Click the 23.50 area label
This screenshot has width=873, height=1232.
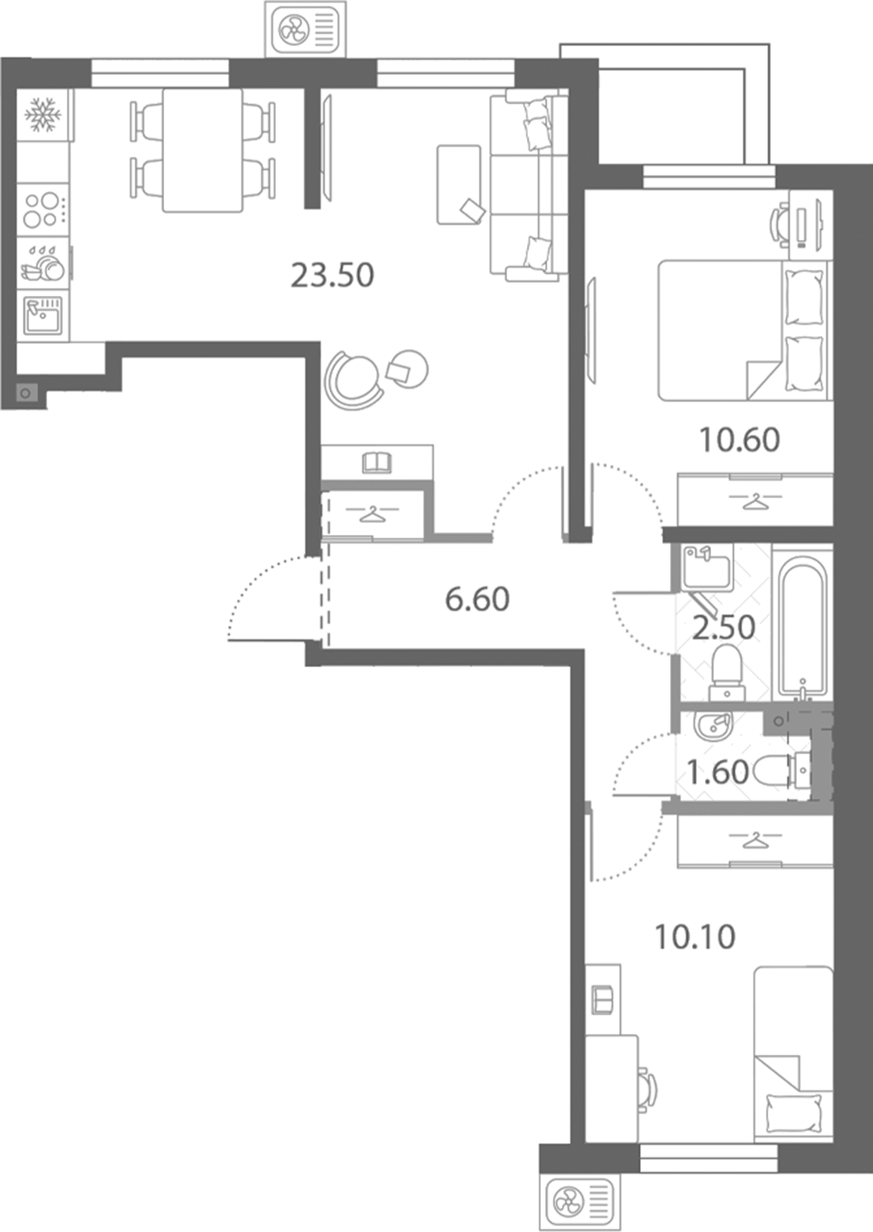[x=332, y=276]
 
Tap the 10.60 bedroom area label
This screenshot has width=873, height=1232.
[x=740, y=440]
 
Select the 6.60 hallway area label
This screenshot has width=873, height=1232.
[x=477, y=599]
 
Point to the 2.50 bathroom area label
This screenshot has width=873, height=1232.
[x=723, y=627]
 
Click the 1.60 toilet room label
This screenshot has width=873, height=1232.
[x=718, y=772]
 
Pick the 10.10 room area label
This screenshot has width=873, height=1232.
[x=695, y=937]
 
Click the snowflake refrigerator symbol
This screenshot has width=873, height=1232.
[x=44, y=115]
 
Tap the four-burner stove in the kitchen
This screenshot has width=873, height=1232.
[x=44, y=209]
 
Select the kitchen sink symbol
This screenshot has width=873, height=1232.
[x=43, y=315]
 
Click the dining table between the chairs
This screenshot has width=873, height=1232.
[x=202, y=150]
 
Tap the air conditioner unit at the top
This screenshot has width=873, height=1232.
[x=306, y=28]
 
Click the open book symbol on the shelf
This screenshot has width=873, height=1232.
[x=377, y=462]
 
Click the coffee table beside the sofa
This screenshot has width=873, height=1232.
[x=459, y=185]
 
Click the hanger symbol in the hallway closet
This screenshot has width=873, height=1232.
[x=373, y=514]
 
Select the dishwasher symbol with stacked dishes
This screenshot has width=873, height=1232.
[x=43, y=263]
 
